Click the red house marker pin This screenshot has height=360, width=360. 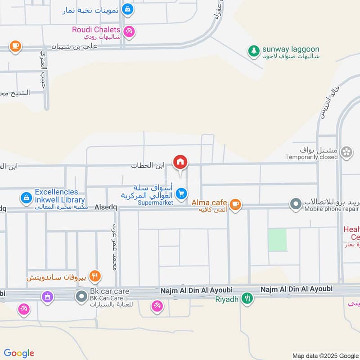(180, 162)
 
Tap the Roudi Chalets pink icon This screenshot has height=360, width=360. (130, 31)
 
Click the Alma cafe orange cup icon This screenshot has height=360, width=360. (235, 205)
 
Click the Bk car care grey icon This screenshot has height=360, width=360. (81, 296)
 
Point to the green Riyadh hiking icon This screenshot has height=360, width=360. (247, 298)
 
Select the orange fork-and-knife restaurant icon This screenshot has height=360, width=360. (94, 276)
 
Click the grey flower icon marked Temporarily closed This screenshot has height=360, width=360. (346, 153)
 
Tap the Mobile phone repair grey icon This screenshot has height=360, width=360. (296, 205)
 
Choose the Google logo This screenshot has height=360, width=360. (19, 353)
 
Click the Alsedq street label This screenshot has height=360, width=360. (106, 208)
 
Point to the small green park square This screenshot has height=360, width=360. (277, 239)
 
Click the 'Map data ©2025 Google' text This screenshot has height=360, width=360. (325, 355)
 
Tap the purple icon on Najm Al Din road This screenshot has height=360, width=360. (47, 297)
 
